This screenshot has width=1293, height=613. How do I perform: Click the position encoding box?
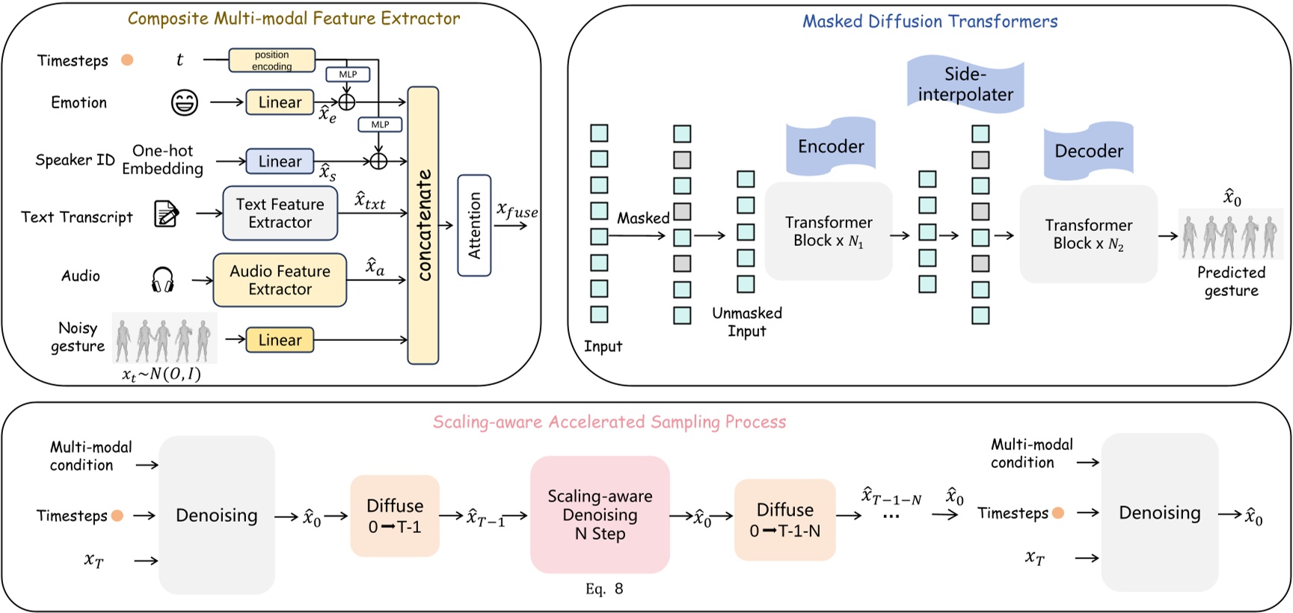271,61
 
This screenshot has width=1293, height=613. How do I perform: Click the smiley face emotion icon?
184,102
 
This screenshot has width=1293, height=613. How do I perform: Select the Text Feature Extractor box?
280,213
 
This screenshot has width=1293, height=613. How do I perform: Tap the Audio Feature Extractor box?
280,280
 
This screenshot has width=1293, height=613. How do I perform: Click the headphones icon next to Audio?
162,280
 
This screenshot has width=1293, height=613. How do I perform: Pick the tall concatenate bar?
423,225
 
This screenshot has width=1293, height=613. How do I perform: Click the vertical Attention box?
474,225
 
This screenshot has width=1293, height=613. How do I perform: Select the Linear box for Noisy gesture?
280,340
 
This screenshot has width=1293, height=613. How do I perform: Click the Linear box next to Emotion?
280,102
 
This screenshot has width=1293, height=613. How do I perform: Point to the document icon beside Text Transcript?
166,214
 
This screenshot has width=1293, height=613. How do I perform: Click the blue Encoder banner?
830,147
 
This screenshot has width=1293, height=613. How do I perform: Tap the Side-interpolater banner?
965,84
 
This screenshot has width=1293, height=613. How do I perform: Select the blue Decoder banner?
1088,152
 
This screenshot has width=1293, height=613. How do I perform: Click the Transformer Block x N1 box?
828,232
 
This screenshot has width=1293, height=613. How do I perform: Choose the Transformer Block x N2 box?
1088,235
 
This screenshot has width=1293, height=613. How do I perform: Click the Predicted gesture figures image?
1230,235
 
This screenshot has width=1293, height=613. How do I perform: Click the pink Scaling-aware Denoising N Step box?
600,515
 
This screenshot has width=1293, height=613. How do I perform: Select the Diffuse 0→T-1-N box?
784,520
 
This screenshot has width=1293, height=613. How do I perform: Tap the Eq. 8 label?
604,589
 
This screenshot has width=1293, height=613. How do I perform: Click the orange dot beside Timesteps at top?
127,60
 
